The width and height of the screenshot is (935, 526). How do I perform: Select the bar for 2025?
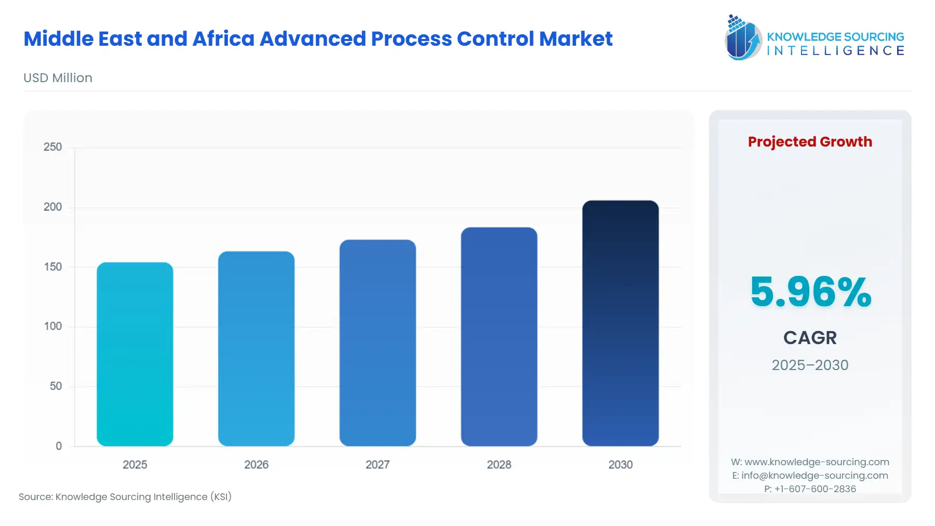pos(135,354)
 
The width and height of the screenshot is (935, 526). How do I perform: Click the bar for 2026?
pos(256,348)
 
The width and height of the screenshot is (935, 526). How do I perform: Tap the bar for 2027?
pos(378,343)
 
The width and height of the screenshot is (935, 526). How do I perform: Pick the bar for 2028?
pos(499,336)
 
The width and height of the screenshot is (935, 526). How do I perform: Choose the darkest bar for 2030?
pos(620,323)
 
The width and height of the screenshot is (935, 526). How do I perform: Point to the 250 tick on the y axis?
pos(52,147)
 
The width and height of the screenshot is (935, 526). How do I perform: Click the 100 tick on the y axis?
pos(52,326)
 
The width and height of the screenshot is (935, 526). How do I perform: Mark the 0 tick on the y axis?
pos(59,446)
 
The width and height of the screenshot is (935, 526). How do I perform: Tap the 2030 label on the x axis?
pos(620,465)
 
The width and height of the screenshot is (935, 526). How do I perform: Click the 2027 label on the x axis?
pos(378,465)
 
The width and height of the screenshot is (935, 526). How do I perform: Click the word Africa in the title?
pos(223,39)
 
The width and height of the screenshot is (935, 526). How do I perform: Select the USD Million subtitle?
pos(58,78)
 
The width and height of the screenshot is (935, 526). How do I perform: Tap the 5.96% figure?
pos(810,292)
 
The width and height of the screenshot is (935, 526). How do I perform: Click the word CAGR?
pos(810,338)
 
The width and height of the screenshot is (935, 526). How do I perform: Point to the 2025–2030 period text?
pos(810,365)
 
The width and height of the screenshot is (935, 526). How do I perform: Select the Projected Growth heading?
pos(810,142)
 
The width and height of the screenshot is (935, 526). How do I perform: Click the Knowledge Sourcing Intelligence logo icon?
pos(743,37)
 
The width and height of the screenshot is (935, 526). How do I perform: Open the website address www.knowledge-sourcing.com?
pos(817,462)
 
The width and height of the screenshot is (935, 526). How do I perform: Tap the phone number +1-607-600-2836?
pos(815,489)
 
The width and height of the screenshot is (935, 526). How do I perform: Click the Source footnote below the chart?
pos(125,497)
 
